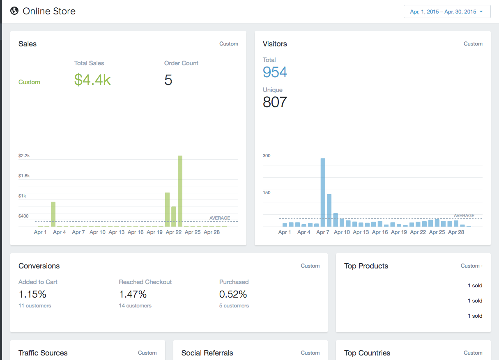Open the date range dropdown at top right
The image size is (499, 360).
click(447, 11)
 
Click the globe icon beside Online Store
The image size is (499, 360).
click(14, 11)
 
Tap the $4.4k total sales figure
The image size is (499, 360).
click(92, 80)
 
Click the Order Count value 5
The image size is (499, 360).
click(168, 80)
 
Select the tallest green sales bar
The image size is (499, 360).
click(180, 191)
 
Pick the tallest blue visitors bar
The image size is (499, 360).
click(323, 193)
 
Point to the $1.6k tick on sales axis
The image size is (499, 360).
click(24, 176)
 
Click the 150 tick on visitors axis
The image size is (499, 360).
click(267, 193)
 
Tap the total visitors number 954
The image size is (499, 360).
click(275, 72)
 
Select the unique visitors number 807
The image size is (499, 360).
click(275, 102)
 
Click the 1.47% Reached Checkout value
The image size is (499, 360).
click(133, 294)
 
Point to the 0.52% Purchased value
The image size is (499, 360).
click(233, 294)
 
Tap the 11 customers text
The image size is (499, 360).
click(35, 305)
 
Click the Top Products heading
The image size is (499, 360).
click(366, 266)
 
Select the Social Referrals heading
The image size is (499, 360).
click(207, 353)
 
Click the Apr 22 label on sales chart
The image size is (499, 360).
click(174, 232)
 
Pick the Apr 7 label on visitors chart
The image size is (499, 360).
click(322, 232)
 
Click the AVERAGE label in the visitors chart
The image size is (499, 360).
click(464, 216)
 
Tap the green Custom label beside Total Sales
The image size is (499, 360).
click(29, 82)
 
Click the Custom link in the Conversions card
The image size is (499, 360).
click(310, 266)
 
